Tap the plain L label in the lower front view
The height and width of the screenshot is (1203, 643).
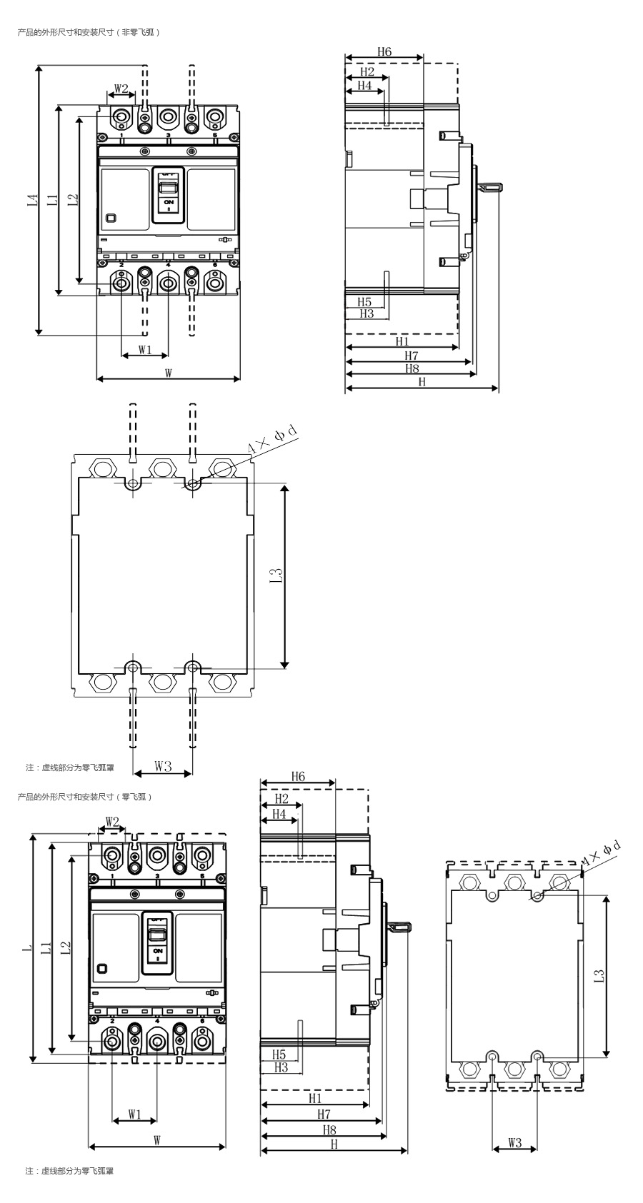26,947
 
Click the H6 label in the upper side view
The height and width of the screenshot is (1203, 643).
384,52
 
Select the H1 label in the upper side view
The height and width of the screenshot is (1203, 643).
402,342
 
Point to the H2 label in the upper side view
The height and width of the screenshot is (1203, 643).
367,71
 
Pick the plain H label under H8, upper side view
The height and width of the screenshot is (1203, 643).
422,382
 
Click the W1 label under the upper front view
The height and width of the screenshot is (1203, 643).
145,349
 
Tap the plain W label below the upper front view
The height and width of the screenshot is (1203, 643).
168,373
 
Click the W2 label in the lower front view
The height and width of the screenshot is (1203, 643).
111,821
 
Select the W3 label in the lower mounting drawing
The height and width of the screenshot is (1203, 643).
514,1142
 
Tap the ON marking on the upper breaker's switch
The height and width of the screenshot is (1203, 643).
169,203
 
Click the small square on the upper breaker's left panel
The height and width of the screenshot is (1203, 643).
110,219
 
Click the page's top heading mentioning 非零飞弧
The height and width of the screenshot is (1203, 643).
88,32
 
